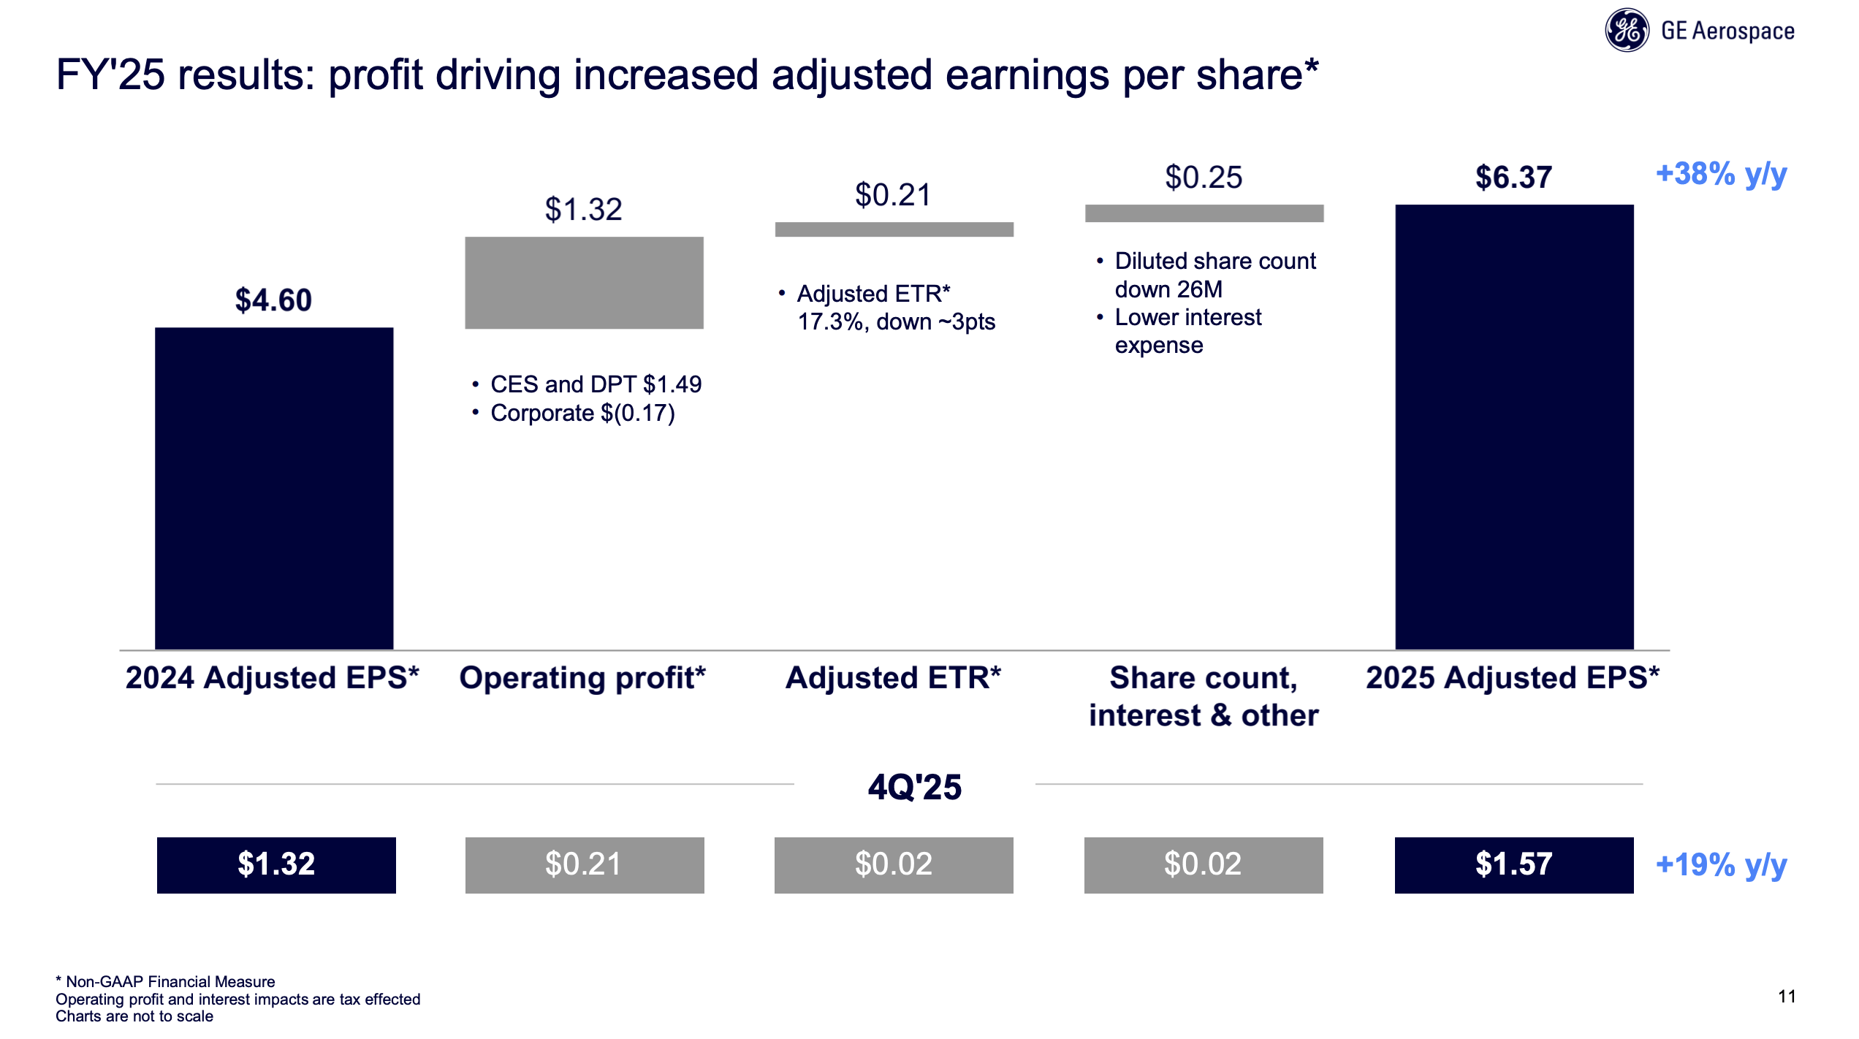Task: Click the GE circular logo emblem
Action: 1626,31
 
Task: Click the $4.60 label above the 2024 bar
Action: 273,300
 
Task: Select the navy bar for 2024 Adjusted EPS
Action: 274,488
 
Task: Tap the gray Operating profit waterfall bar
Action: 584,283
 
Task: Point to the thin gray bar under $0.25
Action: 1204,213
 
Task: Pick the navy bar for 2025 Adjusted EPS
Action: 1513,427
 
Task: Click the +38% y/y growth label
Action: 1720,175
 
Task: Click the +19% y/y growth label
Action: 1720,865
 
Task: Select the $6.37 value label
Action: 1513,178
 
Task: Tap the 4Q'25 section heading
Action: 914,788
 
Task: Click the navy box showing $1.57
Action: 1513,865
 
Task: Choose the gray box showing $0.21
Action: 584,865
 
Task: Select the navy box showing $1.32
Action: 276,865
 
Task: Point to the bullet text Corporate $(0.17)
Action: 582,414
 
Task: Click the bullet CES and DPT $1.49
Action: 595,384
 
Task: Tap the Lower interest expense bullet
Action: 1187,331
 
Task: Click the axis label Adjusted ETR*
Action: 893,678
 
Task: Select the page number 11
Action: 1786,997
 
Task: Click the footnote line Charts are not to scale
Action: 134,1016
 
